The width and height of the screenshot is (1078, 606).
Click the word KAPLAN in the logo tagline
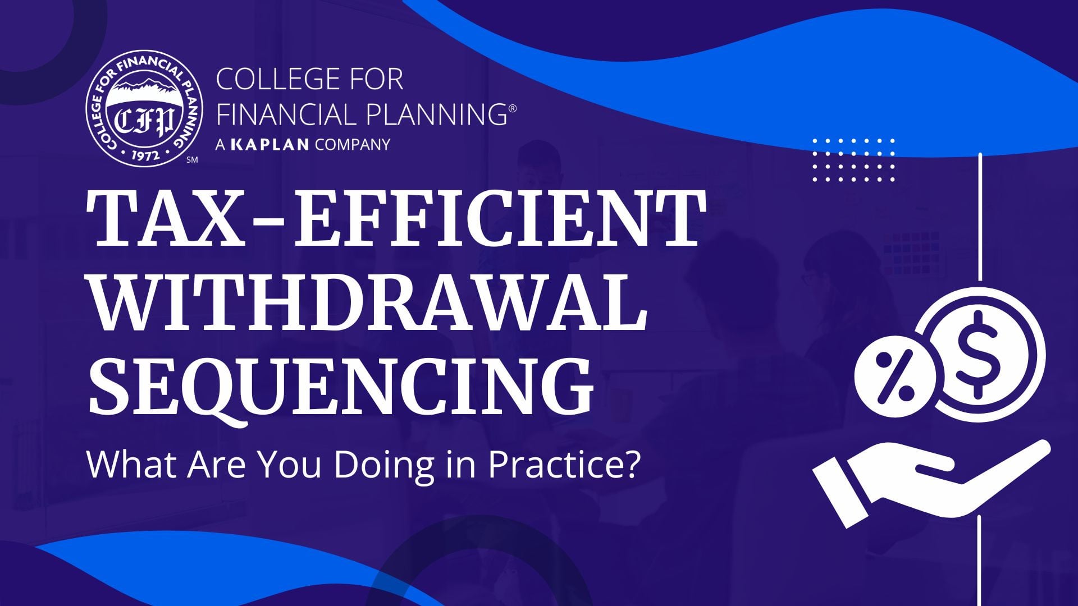click(x=270, y=144)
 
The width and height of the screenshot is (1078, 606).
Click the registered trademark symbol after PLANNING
click(x=512, y=106)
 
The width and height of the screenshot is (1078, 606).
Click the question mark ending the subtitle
click(x=632, y=465)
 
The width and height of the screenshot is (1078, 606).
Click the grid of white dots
click(x=853, y=160)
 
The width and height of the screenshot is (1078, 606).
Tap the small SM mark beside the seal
click(x=191, y=160)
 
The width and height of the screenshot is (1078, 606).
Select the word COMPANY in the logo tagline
click(x=352, y=144)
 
